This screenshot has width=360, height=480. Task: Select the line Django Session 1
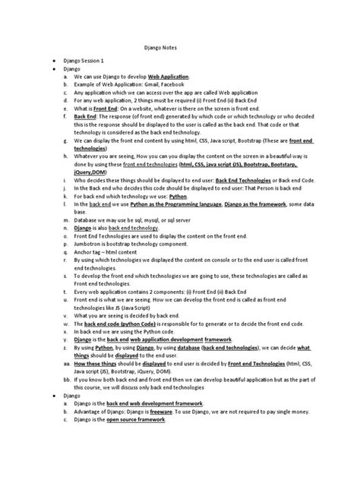tap(90, 59)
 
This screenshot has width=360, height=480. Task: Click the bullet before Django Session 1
tap(54, 59)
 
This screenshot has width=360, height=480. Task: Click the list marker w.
tap(66, 323)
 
